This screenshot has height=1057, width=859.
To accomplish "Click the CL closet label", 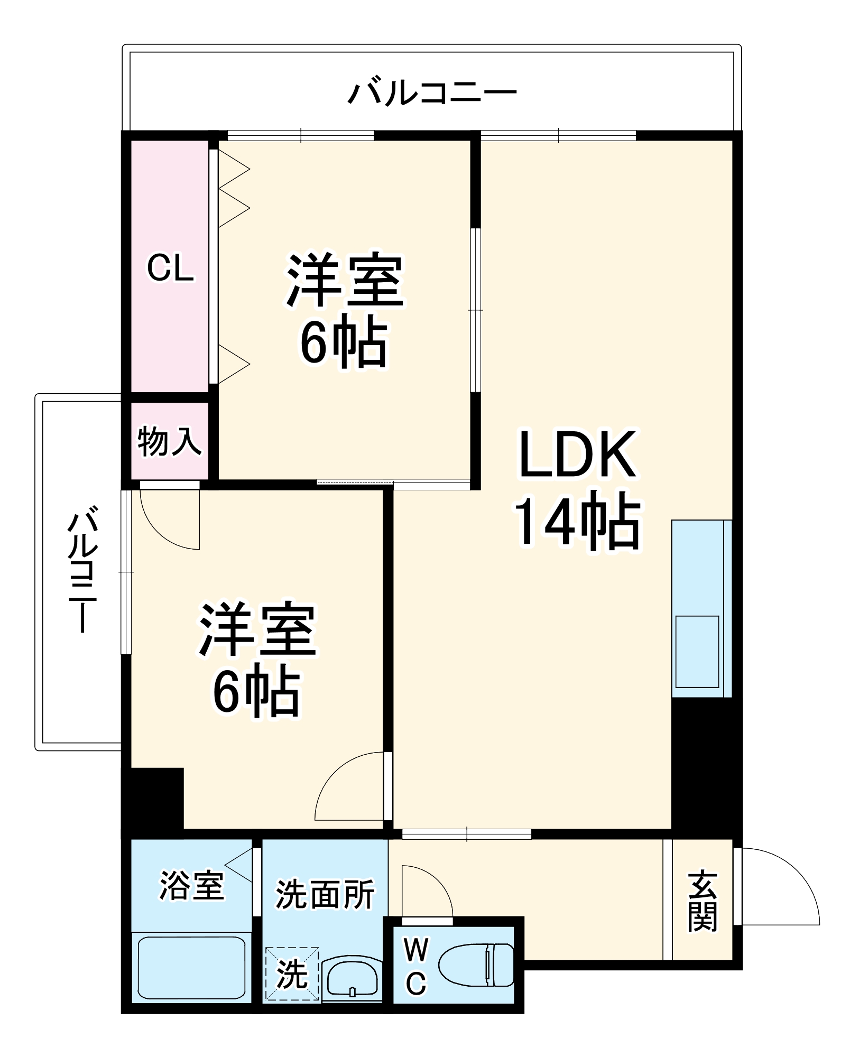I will [x=170, y=267].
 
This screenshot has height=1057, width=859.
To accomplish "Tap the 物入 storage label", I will [x=169, y=442].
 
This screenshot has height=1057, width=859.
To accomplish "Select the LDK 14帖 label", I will [x=577, y=489].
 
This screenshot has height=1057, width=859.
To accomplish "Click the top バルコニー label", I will [x=431, y=94].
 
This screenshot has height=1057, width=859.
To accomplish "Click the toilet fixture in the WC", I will [x=476, y=965].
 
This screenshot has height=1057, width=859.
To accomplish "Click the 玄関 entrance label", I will [x=703, y=902].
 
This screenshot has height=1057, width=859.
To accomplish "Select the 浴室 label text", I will [x=191, y=886].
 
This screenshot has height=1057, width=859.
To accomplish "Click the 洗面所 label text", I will [x=325, y=894].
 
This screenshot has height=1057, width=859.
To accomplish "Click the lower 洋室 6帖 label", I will [x=257, y=659].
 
